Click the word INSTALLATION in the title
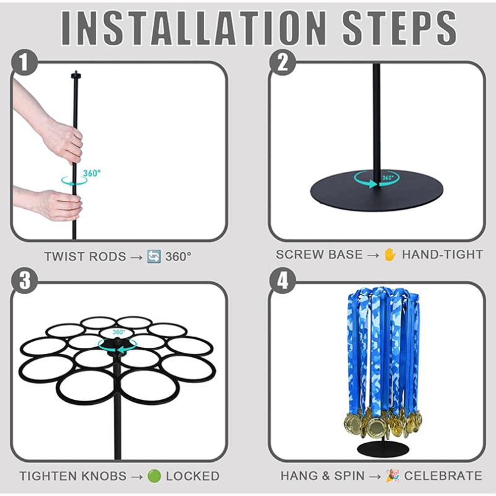point(193,28)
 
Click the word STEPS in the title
point(400,28)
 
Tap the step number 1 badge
point(24,63)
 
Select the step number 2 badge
point(283,63)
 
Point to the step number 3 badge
point(24,281)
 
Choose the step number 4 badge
point(283,281)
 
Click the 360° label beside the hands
point(92,174)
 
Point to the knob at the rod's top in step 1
point(76,75)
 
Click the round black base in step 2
point(376,191)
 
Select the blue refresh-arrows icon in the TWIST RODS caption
point(154,256)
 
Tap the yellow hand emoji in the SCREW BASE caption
point(390,255)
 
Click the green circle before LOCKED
point(154,476)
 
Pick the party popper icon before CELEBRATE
point(392,476)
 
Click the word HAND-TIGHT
point(443,255)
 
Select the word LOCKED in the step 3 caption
point(193,476)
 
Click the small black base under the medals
point(383,448)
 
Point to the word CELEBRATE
point(443,476)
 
